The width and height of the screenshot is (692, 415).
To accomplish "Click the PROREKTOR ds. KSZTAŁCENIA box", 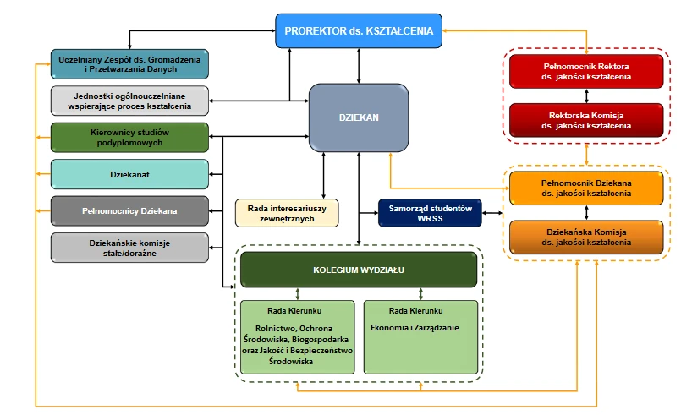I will click(x=360, y=31).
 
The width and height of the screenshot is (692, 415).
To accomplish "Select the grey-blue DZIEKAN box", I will click(x=360, y=119).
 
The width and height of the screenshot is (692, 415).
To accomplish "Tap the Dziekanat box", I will click(x=129, y=174).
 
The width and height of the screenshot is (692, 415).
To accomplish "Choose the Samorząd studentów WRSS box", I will click(x=429, y=213).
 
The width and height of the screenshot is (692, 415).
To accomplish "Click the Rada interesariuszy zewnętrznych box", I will click(x=287, y=213).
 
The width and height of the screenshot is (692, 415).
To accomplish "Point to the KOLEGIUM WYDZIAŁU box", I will click(x=358, y=270).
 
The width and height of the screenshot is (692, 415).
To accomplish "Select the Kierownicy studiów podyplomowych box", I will click(x=129, y=138).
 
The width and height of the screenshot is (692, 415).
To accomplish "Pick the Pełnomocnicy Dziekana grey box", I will click(x=129, y=210).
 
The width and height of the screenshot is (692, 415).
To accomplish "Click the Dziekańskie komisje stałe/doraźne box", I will click(x=129, y=248).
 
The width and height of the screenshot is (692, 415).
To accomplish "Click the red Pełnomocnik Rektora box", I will click(x=586, y=71).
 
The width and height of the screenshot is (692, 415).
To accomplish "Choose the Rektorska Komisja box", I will click(x=586, y=119).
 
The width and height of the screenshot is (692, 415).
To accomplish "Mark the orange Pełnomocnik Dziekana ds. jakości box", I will click(x=586, y=188).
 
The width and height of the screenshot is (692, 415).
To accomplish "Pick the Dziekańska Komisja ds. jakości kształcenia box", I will click(x=586, y=237).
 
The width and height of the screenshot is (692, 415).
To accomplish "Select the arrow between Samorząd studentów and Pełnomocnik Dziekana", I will click(x=496, y=213).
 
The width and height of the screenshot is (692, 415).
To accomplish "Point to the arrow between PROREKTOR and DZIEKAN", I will click(x=360, y=65).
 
